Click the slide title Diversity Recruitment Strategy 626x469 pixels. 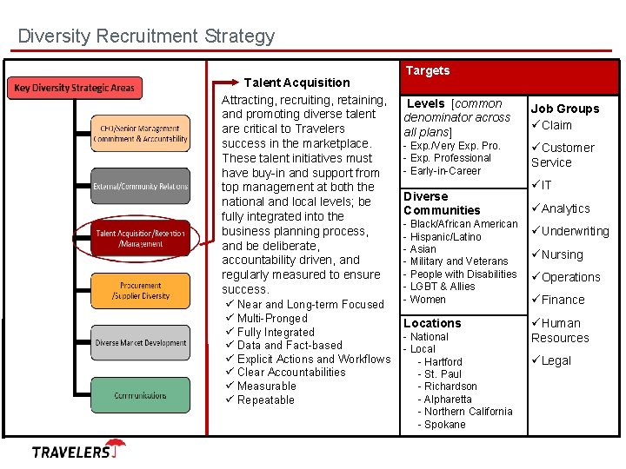coord(146,36)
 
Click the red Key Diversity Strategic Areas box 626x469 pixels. coord(75,88)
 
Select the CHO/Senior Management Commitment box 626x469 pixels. coord(141,134)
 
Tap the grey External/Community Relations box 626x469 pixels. coord(141,186)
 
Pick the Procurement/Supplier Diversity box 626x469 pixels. coord(141,291)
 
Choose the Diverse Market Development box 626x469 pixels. coord(141,343)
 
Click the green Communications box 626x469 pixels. coord(141,395)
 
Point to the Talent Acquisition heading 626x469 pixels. coord(296,83)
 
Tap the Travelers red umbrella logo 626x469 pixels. coord(117,447)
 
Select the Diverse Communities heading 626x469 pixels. coord(442,203)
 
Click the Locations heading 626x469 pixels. coord(432,323)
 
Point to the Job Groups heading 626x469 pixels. coord(565,109)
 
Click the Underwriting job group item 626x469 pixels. coord(575,231)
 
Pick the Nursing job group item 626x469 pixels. coord(562,254)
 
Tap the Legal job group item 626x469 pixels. coord(556,360)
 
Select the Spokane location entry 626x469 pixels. coord(444,425)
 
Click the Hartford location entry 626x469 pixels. coord(443,361)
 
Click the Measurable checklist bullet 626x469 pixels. coord(266,386)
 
